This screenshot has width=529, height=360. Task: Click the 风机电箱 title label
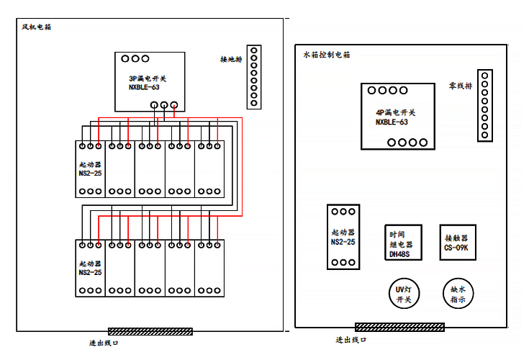(37, 27)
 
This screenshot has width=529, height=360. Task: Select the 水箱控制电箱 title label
(327, 55)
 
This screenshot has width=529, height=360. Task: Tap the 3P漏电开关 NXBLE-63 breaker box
(149, 81)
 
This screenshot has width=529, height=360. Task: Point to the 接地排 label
(230, 59)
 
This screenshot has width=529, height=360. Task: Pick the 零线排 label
(460, 85)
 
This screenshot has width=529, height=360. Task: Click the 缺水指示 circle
(458, 293)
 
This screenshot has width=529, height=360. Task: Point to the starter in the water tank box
(343, 237)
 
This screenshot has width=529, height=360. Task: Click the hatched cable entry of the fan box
(150, 331)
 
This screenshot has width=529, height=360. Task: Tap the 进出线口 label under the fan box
(104, 343)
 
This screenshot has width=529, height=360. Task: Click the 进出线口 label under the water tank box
(351, 340)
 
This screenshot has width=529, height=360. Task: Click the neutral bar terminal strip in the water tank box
(484, 105)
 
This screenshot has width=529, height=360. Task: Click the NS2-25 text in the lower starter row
(91, 273)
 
